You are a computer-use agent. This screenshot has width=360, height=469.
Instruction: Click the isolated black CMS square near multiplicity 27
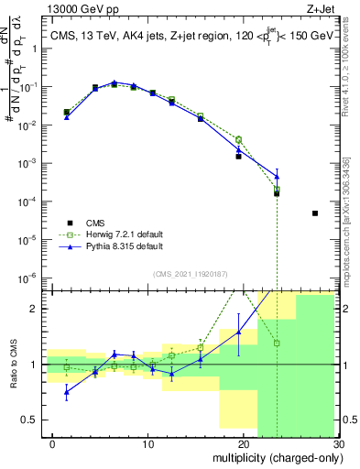point(315,213)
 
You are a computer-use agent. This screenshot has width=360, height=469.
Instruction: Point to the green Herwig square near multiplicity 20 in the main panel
point(238,139)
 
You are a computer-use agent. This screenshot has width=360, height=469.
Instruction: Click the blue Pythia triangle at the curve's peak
point(115,82)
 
